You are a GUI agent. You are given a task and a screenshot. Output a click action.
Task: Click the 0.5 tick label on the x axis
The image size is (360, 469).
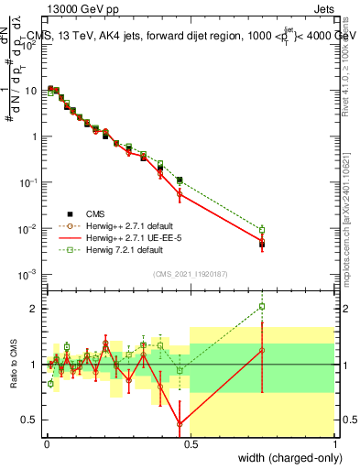pos(190,444)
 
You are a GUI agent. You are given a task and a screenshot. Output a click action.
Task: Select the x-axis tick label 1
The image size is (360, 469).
pos(334,444)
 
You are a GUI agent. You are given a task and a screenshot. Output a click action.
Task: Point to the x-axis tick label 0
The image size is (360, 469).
pos(45,444)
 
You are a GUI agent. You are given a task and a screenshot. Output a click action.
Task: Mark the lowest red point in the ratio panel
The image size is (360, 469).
pos(180,423)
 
